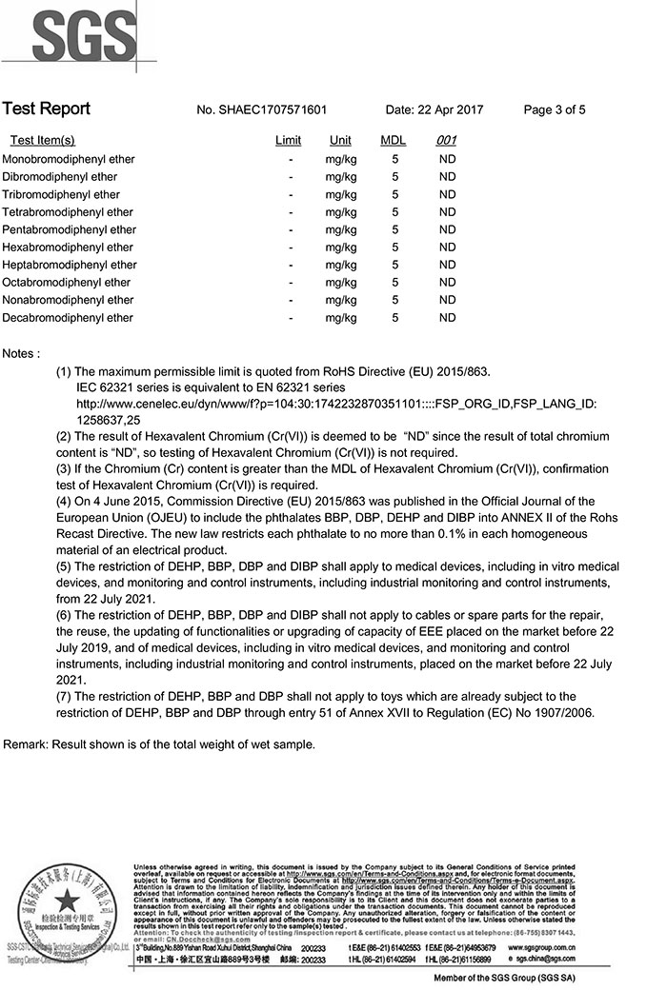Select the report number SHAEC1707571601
(x=261, y=109)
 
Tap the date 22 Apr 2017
(x=435, y=109)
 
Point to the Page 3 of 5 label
(x=555, y=109)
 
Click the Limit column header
(x=288, y=141)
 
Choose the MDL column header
(x=394, y=141)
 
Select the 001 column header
(x=446, y=141)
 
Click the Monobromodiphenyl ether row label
(x=69, y=159)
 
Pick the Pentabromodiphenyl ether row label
(x=70, y=229)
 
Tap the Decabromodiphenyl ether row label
(x=69, y=318)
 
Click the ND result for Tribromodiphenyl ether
(x=447, y=194)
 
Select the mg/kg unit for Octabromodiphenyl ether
(x=340, y=283)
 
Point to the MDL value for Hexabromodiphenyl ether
(x=394, y=248)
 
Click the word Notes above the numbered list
(x=21, y=353)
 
